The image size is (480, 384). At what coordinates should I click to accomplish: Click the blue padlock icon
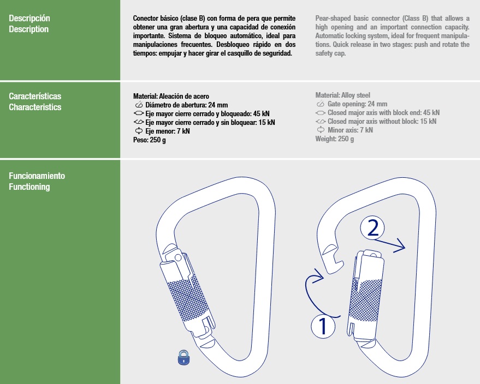click(x=184, y=357)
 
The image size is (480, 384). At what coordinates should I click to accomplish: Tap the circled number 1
click(x=322, y=326)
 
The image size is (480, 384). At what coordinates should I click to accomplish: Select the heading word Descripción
click(x=29, y=18)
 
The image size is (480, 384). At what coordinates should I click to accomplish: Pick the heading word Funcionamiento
click(x=37, y=176)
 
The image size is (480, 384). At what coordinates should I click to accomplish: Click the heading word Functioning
click(x=29, y=187)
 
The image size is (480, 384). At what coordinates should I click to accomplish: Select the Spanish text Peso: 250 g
click(x=150, y=140)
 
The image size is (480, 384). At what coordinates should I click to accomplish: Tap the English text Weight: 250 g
click(x=335, y=139)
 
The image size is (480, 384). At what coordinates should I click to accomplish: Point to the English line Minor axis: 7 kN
click(x=349, y=130)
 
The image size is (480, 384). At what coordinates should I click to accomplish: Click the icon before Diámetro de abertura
click(x=139, y=105)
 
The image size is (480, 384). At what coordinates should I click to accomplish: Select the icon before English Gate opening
click(x=321, y=104)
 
